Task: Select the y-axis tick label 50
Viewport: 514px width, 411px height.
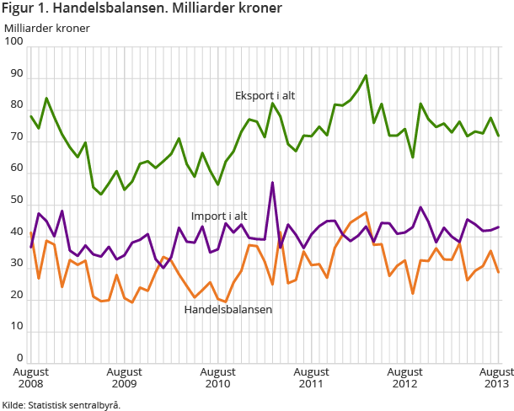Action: coord(16,200)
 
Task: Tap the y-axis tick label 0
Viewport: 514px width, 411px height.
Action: coord(19,358)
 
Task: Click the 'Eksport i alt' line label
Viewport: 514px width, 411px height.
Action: coord(265,96)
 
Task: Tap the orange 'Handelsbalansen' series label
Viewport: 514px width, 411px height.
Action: coord(228,309)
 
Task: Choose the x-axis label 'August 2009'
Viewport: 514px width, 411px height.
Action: coord(124,377)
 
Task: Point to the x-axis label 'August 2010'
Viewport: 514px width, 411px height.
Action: coord(217,377)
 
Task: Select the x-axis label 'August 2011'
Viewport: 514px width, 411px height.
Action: coord(311,377)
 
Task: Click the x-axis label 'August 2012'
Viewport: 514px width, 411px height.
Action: coord(405,377)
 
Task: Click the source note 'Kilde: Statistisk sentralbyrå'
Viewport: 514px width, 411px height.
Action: coord(62,404)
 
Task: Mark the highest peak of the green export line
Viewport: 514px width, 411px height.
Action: coord(366,76)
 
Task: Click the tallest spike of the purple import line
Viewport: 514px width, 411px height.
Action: coord(272,183)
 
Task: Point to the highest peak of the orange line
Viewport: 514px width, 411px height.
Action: coord(366,213)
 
